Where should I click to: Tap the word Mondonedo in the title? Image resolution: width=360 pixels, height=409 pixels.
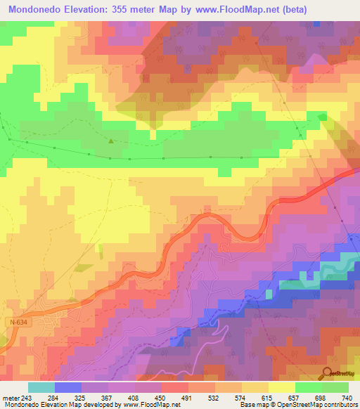pos(32,8)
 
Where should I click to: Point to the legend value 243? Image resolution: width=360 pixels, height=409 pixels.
pos(26,398)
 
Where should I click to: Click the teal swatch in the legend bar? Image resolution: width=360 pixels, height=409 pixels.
pos(41,387)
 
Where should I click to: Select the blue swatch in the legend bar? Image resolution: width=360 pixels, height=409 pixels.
pos(67,387)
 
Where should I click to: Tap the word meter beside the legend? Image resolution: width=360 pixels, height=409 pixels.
pos(9,398)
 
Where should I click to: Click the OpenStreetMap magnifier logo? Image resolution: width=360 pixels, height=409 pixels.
pos(326,374)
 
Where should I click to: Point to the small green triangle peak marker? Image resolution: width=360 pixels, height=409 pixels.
pos(110,141)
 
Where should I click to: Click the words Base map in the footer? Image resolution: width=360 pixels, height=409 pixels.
pos(254,405)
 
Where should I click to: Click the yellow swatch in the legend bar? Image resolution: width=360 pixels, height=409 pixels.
pos(281,387)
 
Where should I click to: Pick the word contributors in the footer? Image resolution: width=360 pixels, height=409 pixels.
pos(337,405)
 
